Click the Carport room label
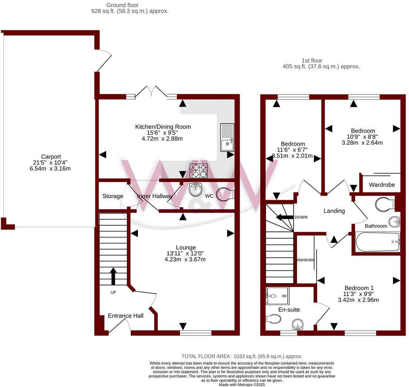coord(51,157)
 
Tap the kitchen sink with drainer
coord(227,137)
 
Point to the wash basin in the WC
coord(195,190)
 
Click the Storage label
coord(113,196)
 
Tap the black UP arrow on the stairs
coord(113,276)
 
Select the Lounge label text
coord(186,247)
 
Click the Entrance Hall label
coord(125,316)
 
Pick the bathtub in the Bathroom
coord(378,242)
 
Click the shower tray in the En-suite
coord(277,293)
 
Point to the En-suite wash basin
coord(298,325)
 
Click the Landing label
coord(334,211)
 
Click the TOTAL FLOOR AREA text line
coord(242,356)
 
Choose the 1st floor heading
coord(312,61)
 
